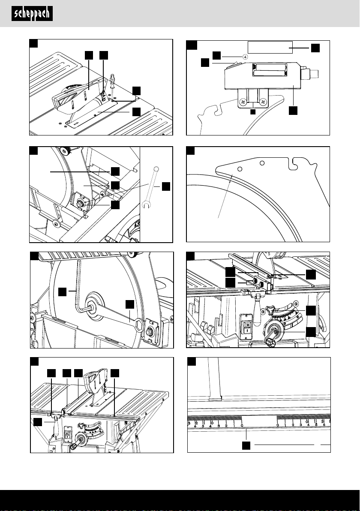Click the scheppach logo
32,14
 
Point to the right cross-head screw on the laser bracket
264,102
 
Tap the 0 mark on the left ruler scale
242,425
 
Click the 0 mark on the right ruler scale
278,425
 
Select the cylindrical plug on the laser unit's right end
315,73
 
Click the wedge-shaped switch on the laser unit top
234,66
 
